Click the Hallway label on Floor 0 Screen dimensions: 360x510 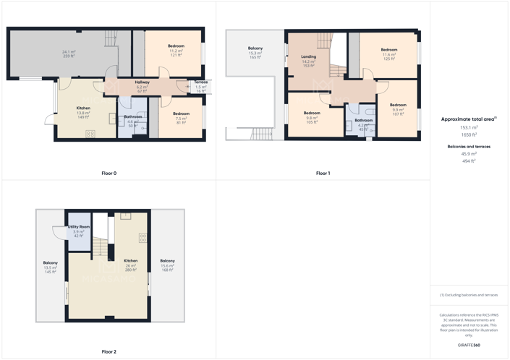142,82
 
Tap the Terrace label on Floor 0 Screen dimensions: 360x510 201,82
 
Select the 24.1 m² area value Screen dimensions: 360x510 69,52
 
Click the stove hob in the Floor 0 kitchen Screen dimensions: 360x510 90,133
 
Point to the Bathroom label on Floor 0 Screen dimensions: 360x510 132,116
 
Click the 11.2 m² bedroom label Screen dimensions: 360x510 177,46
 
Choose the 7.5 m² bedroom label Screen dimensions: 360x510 181,113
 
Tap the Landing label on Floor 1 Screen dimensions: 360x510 309,56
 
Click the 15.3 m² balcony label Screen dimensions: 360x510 255,48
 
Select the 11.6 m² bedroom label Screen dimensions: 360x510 389,50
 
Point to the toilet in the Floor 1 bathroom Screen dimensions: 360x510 369,112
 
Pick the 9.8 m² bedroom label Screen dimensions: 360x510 312,113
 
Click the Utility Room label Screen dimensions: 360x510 78,227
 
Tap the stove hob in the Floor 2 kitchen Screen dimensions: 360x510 143,237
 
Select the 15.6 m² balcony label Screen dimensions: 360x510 167,261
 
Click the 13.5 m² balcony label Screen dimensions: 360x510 50,263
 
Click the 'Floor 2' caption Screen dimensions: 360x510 109,351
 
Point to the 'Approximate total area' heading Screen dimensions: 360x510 467,119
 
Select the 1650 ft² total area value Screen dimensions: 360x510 469,135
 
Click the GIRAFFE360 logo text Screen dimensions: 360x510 469,346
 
